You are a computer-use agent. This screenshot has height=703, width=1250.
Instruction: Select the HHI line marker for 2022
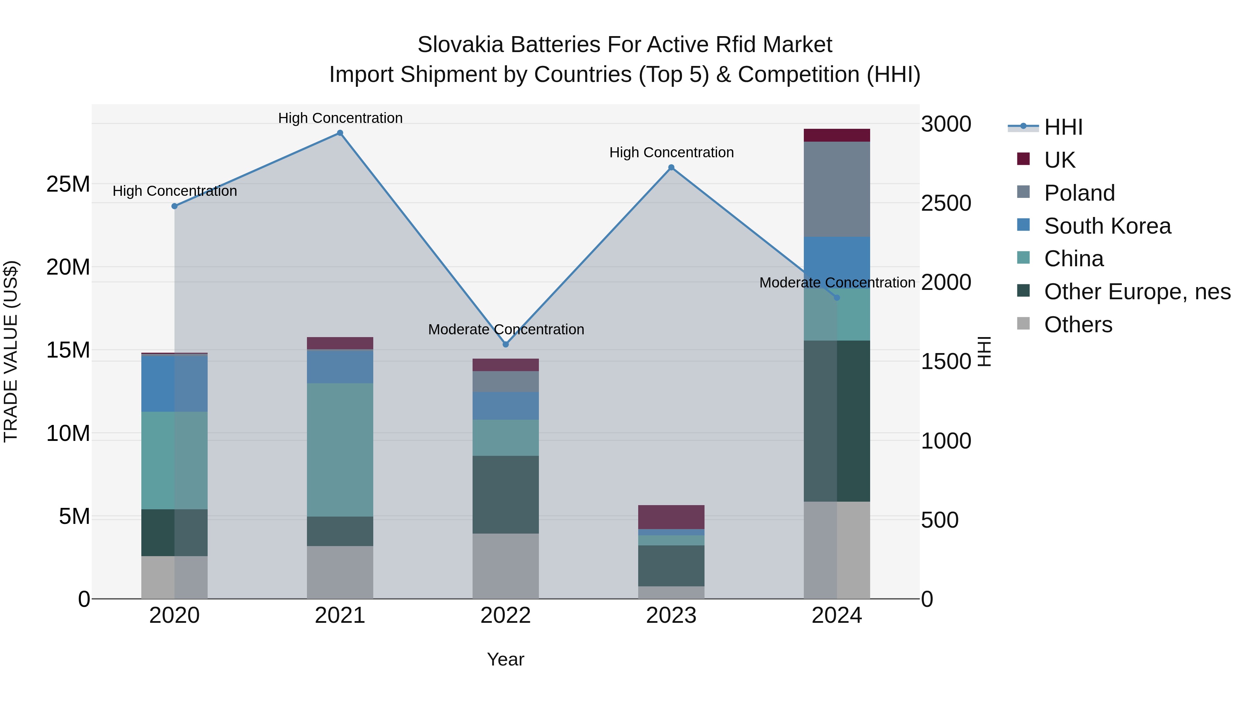coord(506,344)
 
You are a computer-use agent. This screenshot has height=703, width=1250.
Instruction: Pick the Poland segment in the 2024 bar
coord(836,189)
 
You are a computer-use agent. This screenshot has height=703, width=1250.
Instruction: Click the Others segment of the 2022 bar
coord(506,566)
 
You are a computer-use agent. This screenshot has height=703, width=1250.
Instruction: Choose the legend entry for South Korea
coord(1107,226)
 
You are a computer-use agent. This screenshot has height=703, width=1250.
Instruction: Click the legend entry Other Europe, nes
coord(1137,292)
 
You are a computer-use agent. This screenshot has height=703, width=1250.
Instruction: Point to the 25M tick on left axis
coord(68,184)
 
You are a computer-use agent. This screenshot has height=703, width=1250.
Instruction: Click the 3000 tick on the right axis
coord(946,124)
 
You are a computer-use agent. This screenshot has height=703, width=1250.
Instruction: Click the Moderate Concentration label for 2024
coord(837,282)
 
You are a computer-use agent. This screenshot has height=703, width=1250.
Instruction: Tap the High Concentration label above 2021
coord(340,118)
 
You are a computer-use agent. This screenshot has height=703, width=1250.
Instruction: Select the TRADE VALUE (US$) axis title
coord(11,351)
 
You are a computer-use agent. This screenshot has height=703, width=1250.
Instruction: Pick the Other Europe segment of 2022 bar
coord(506,494)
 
